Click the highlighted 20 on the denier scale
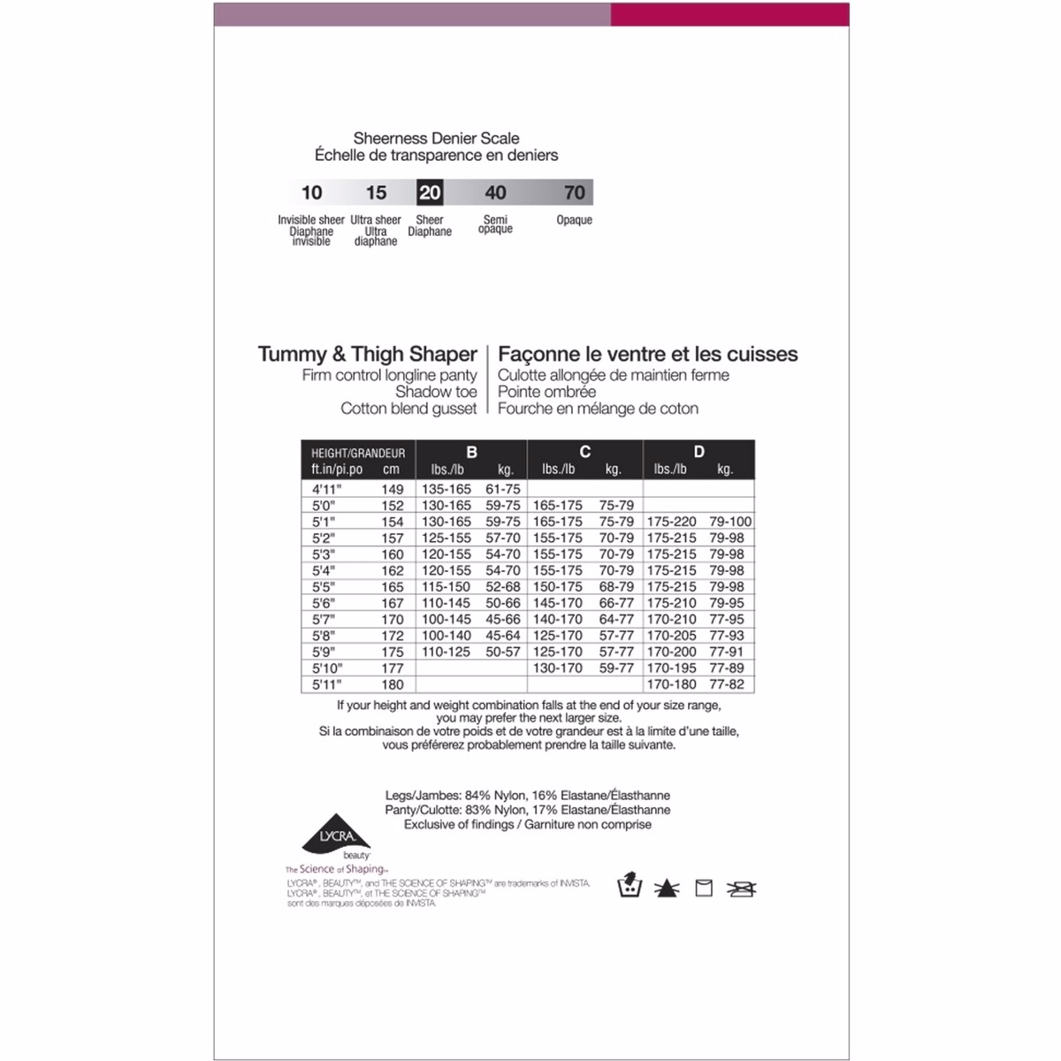pos(430,193)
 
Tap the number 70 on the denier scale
pos(574,193)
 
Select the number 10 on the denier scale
pos(311,193)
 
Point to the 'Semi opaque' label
pos(495,225)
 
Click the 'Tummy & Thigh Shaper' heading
pos(367,355)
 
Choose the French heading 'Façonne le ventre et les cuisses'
pos(647,355)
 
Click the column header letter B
pos(471,452)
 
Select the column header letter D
pos(698,452)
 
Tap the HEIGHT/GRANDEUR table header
pos(357,453)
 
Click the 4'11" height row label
pos(326,489)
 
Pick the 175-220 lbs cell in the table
pos(671,522)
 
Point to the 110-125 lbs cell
pos(447,652)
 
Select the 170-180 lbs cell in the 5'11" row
pos(671,684)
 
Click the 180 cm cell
pos(392,684)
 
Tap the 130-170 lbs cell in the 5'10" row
pos(558,668)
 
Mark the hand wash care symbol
pos(628,887)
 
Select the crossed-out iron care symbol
pos(741,888)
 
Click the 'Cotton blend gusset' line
pos(408,408)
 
